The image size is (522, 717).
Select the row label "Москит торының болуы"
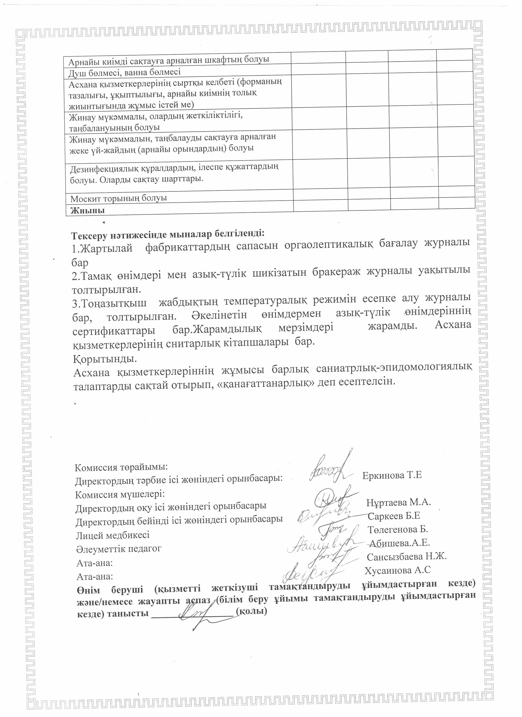[x=118, y=198]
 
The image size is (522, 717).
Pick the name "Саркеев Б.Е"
[x=394, y=516]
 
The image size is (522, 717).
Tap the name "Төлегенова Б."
[x=398, y=529]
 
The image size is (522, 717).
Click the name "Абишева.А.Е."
[x=400, y=543]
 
